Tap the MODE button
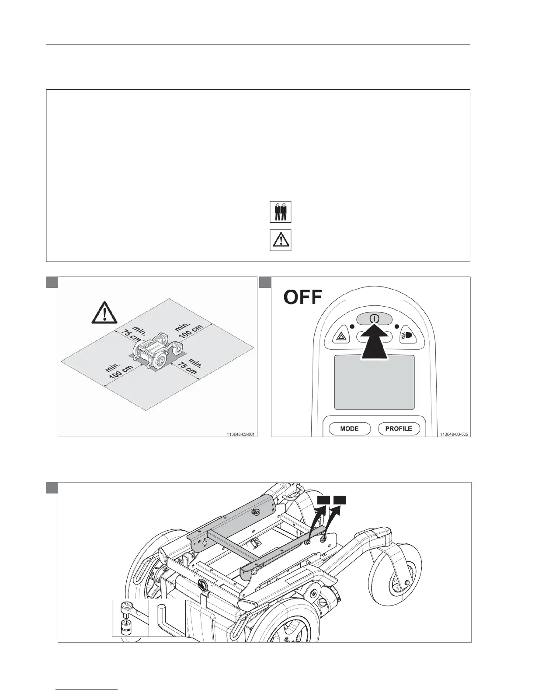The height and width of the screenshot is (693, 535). (349, 428)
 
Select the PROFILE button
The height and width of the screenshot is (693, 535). (399, 428)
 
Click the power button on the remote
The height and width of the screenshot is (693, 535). (372, 319)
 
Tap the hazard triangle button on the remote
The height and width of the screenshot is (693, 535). (340, 336)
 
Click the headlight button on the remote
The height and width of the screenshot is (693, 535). (406, 336)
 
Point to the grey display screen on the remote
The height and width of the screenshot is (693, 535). (374, 381)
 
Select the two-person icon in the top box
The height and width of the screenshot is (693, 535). (280, 212)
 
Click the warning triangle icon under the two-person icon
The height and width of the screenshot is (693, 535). (280, 240)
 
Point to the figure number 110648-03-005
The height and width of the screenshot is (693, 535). (454, 434)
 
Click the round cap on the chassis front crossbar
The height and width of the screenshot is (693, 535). (202, 584)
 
